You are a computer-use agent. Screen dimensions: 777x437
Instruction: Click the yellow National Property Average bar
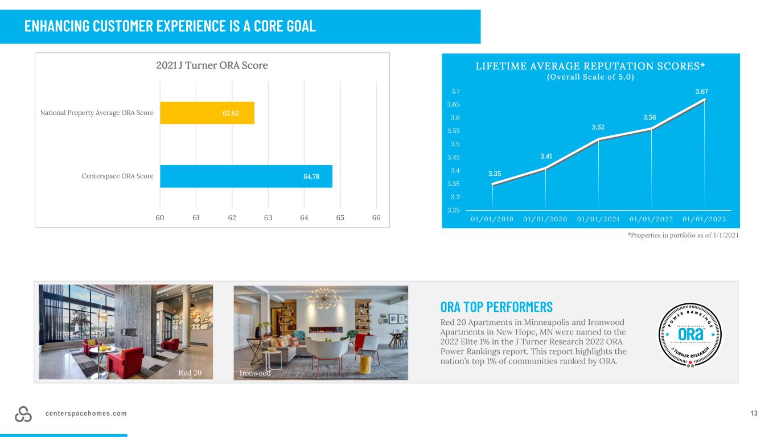point(207,113)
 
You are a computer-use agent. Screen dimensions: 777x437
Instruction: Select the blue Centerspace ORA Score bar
point(246,176)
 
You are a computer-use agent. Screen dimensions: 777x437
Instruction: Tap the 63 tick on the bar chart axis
point(268,218)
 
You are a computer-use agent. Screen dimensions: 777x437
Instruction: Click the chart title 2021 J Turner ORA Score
point(212,65)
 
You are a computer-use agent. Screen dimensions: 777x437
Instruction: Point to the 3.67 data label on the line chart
point(701,92)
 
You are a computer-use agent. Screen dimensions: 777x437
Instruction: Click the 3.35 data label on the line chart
point(495,174)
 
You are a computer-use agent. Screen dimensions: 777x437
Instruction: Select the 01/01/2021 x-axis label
point(598,219)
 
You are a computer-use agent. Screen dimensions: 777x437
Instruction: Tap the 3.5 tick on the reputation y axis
point(455,144)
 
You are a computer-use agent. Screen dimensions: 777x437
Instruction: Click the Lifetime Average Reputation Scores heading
point(590,66)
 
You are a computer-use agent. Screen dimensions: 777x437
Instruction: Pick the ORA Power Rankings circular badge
point(690,335)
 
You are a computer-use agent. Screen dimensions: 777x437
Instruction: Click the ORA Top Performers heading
point(496,307)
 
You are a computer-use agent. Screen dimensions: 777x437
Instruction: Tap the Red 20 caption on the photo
point(190,373)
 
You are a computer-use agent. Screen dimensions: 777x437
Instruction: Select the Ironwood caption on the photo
point(255,373)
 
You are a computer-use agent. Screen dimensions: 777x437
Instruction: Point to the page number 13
point(754,413)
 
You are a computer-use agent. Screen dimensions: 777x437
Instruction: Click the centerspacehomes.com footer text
point(86,414)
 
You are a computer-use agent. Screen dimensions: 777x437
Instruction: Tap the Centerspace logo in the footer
point(23,414)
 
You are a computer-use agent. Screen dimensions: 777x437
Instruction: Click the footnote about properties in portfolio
point(683,235)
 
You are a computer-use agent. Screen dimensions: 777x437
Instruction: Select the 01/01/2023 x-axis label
point(704,219)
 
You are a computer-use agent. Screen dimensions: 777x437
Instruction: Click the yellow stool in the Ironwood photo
point(365,364)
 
